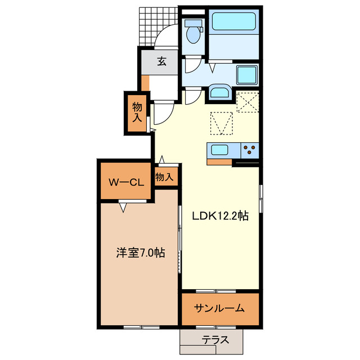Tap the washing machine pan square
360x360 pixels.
247,75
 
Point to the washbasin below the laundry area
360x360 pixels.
219,93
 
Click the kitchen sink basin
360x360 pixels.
219,150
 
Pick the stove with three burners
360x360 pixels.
250,150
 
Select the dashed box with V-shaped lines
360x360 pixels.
222,123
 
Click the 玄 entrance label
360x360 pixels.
161,61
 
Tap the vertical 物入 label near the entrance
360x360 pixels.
137,112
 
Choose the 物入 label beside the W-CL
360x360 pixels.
164,177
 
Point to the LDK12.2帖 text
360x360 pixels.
220,215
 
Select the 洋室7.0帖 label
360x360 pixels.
140,253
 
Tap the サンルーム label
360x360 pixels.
219,308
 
